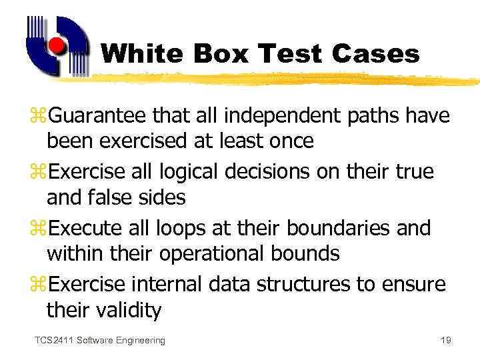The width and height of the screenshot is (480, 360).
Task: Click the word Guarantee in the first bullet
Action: click(97, 116)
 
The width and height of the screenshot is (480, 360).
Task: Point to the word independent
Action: click(279, 116)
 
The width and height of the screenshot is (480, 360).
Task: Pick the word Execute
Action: click(89, 228)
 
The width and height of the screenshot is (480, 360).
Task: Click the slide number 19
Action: click(446, 341)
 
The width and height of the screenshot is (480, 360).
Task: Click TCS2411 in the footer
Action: click(53, 341)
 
